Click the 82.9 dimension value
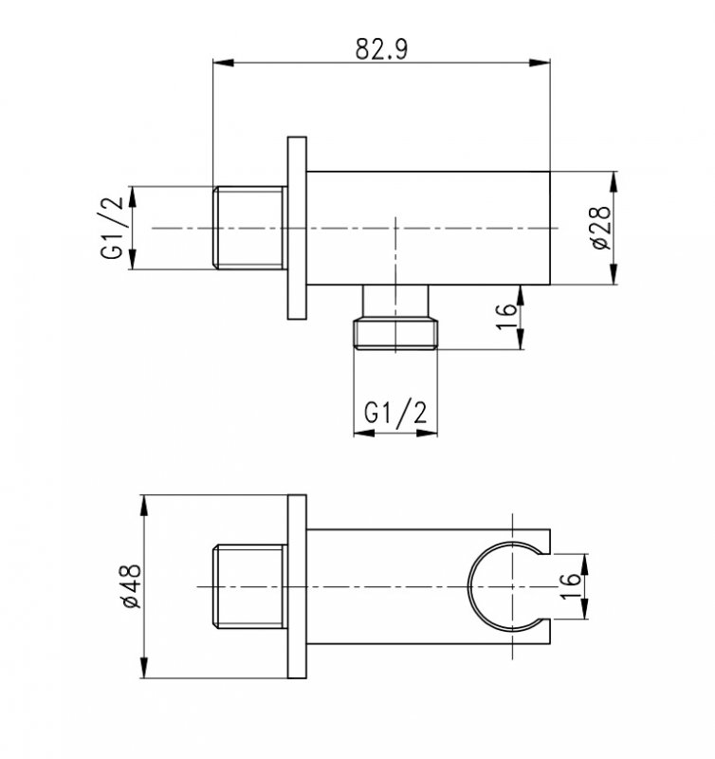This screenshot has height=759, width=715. click(x=382, y=48)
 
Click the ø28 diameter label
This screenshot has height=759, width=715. click(x=601, y=228)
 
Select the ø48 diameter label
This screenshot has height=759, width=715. click(x=131, y=586)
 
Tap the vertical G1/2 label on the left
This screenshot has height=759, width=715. click(x=112, y=228)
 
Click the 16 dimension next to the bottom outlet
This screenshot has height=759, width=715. click(x=506, y=317)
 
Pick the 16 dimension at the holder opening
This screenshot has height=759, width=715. click(x=570, y=586)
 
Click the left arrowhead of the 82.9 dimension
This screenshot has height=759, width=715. click(x=224, y=63)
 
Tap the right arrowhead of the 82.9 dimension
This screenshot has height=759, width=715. click(x=540, y=63)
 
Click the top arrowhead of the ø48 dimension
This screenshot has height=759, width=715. click(x=144, y=506)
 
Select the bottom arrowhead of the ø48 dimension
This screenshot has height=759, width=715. click(x=144, y=668)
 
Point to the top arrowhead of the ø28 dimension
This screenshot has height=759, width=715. click(x=614, y=182)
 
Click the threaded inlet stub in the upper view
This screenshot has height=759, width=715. click(x=250, y=228)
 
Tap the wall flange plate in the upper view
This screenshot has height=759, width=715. click(x=297, y=228)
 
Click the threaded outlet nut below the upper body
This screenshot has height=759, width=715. click(x=395, y=333)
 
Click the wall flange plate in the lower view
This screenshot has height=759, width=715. click(x=297, y=586)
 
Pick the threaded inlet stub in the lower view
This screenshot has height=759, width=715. click(x=250, y=586)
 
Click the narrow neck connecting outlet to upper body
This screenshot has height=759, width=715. click(x=395, y=301)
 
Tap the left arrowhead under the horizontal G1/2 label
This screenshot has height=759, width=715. click(x=364, y=433)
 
